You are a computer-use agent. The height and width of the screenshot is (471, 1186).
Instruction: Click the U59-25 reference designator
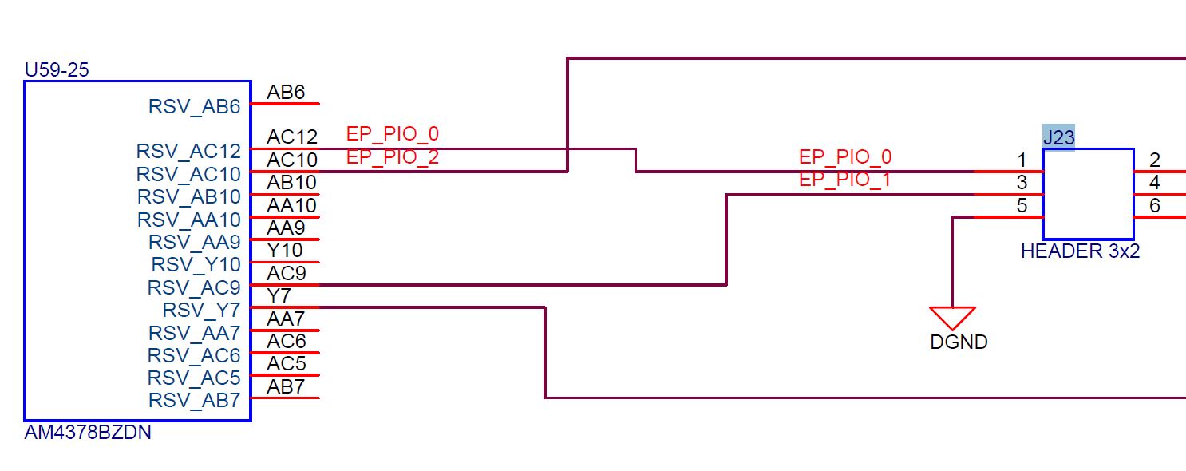coord(57,70)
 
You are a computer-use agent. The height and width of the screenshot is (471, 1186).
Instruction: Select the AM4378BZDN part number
coord(88,433)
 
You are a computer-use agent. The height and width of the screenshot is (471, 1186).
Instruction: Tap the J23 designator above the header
coord(1058,137)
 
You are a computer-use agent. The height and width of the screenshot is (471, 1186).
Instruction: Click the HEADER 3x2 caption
coord(1080,251)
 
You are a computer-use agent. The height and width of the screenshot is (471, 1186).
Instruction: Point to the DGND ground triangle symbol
coord(952,318)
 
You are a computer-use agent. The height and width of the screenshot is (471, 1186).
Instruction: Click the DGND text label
coord(959,342)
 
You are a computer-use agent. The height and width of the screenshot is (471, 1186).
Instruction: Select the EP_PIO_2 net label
coord(392,157)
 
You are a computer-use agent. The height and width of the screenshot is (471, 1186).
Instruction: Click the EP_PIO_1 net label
coord(844,180)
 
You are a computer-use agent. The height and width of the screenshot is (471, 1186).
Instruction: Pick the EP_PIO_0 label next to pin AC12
coord(392,133)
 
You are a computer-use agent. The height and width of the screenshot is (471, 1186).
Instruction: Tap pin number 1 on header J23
coord(1022,160)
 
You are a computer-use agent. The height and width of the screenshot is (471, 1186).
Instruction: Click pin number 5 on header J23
coord(1022,206)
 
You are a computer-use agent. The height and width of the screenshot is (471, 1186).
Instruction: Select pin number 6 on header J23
coord(1154,206)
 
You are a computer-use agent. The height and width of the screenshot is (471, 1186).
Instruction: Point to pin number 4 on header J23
coord(1154,183)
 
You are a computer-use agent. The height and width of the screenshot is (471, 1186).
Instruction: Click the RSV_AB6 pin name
coord(194,106)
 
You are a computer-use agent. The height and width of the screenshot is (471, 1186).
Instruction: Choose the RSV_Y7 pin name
coord(201,310)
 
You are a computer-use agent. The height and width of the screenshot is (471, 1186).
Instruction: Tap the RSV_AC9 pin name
coord(194,287)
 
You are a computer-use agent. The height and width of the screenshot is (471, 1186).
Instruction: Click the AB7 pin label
coord(286,387)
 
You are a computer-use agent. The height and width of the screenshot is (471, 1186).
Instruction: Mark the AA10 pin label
coord(291,206)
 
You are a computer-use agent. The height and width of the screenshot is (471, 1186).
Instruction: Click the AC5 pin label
coord(286,364)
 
